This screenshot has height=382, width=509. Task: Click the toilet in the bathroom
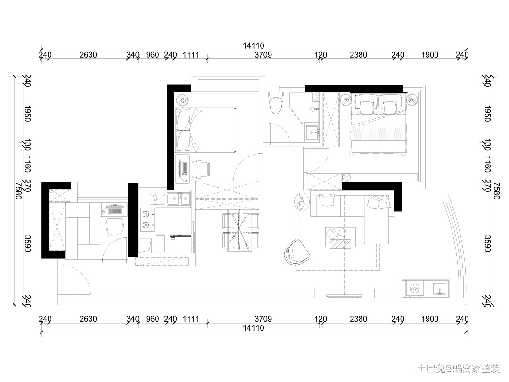point(276,103)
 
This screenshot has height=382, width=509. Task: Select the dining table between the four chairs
point(239,230)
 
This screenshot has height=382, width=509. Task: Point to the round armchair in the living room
point(297,252)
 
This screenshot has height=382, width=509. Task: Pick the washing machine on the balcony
point(413,289)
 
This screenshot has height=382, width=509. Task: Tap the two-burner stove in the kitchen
point(146,220)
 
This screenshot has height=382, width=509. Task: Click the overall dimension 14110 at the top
point(254,46)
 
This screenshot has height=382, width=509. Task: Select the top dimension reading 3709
point(263,55)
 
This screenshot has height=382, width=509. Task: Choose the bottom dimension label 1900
point(430,319)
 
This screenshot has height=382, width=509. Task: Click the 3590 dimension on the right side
point(487,244)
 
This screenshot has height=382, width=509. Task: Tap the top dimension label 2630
point(88,55)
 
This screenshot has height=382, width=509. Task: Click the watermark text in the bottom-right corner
point(459,368)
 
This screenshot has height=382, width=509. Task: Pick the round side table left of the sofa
point(302,202)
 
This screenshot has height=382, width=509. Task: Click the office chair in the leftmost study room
point(114,226)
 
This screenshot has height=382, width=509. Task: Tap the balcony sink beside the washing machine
point(440,289)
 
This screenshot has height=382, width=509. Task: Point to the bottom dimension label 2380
point(358,319)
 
